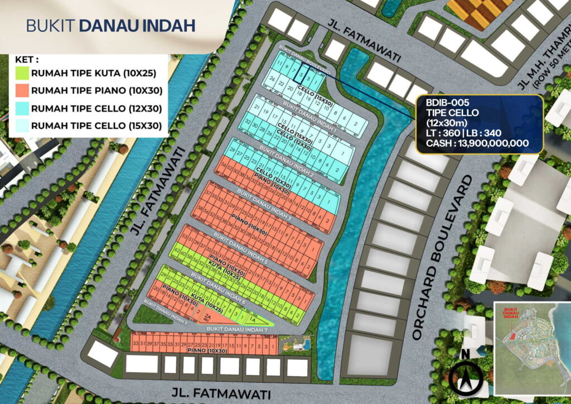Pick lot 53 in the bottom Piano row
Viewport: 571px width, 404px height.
tap(135, 342)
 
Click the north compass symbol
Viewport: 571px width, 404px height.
tap(467, 377)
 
